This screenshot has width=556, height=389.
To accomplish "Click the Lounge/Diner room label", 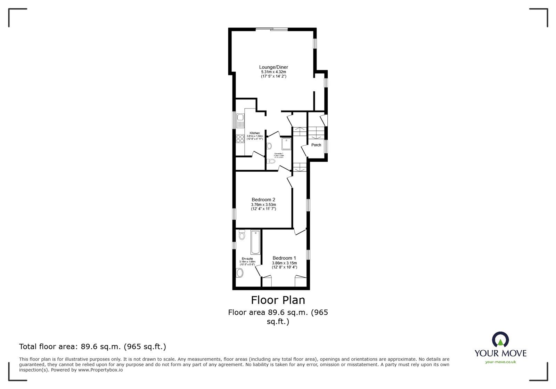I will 273,67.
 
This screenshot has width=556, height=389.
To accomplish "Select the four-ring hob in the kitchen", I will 240,139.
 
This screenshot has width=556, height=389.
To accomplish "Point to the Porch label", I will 316,145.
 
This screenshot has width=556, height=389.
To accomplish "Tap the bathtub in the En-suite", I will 255,242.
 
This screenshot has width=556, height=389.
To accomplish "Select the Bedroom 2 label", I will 263,200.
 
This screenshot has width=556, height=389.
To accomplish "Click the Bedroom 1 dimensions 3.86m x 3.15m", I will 284,263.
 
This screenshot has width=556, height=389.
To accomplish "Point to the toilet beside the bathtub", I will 242,236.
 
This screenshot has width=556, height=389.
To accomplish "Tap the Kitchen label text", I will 254,133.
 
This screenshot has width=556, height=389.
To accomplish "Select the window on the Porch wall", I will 326,146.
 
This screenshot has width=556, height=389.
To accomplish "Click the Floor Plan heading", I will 278,300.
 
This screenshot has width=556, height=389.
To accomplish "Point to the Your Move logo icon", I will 500,340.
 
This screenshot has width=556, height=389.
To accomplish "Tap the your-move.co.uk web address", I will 500,362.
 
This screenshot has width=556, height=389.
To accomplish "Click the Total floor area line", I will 92,347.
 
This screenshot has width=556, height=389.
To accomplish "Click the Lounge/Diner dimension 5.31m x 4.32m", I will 273,72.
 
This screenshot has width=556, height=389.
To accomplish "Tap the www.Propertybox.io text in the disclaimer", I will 100,370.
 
